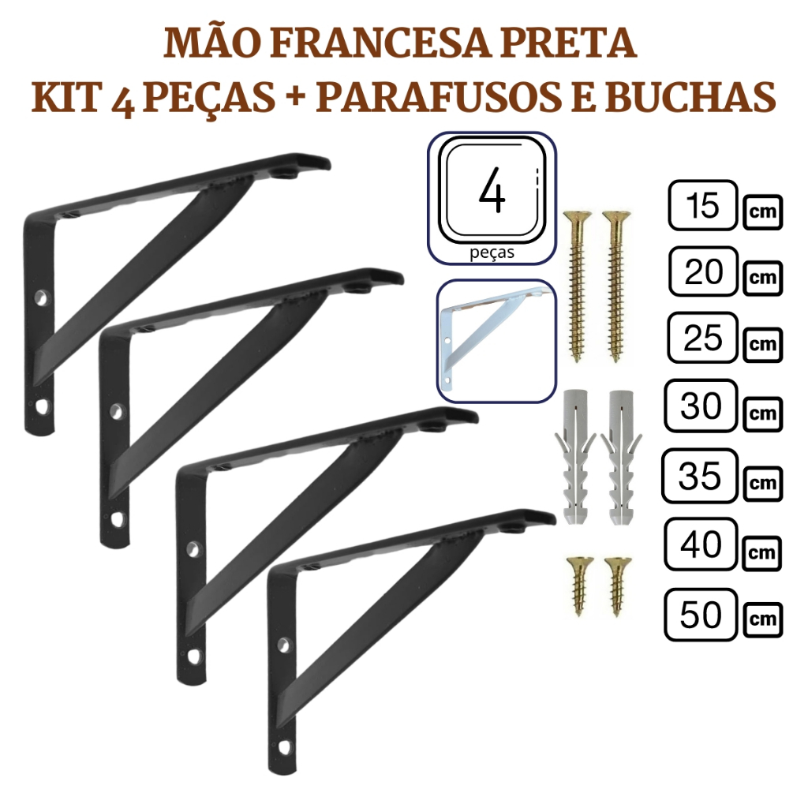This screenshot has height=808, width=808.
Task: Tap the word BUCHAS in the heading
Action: [x=690, y=96]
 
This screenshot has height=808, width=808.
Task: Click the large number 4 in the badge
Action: [x=492, y=191]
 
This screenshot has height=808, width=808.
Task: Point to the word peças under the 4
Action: [x=492, y=253]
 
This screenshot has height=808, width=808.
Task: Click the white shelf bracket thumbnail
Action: [x=496, y=341]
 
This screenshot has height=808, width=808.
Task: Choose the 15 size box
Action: [x=703, y=205]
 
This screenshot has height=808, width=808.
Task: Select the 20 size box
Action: [x=703, y=271]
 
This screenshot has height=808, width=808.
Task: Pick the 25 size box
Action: [x=703, y=338]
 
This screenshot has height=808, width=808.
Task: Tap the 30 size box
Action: [x=701, y=406]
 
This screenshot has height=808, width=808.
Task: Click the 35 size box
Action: [x=700, y=476]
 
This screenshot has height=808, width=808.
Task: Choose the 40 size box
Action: [x=701, y=544]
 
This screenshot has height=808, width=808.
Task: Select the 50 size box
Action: [x=701, y=614]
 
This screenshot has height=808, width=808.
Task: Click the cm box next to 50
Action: [x=763, y=619]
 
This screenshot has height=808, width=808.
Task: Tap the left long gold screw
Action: [x=578, y=286]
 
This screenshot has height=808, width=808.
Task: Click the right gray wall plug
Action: [x=620, y=457]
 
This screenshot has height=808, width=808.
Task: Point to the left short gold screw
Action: [x=580, y=586]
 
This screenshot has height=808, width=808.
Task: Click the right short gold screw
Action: [x=617, y=586]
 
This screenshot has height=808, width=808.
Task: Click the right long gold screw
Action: [x=615, y=286]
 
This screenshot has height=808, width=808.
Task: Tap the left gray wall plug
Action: [x=575, y=457]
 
